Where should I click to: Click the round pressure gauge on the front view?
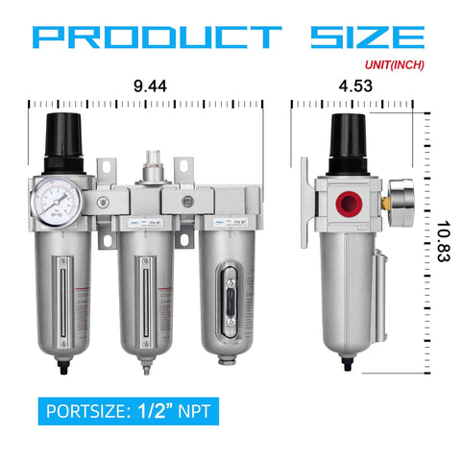pos(63,196)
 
